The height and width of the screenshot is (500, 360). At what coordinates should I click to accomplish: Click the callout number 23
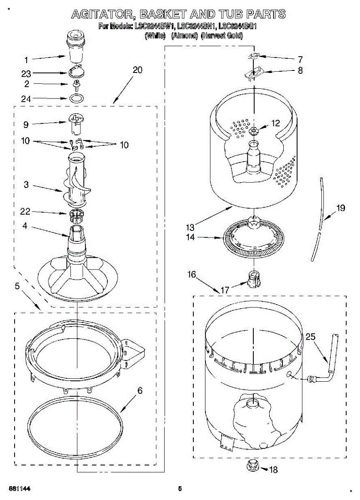pyautogui.click(x=26, y=74)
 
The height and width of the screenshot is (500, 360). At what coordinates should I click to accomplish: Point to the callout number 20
pyautogui.click(x=137, y=70)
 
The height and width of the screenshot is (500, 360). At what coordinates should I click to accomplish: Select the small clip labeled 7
pyautogui.click(x=255, y=56)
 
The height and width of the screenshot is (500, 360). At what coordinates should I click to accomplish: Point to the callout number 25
pyautogui.click(x=310, y=337)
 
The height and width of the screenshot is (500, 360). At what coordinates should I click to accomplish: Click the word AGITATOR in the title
pyautogui.click(x=103, y=15)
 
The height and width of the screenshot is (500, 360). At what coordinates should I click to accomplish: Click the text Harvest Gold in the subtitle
pyautogui.click(x=222, y=36)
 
